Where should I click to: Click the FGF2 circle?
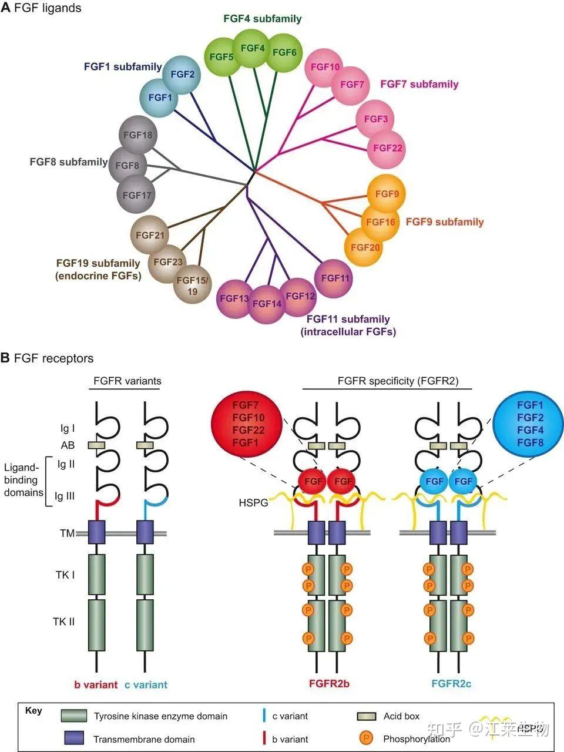182,75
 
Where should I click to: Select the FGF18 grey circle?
139,135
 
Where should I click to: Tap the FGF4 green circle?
253,48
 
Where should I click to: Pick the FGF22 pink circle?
387,147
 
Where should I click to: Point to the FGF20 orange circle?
365,247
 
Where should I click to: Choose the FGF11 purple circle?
335,278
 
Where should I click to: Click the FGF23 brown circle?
168,262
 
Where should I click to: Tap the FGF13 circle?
234,298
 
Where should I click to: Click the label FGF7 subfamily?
419,84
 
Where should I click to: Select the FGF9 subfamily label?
445,221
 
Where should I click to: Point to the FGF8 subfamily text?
69,162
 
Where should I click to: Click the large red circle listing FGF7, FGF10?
248,424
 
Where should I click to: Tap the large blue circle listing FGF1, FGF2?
530,424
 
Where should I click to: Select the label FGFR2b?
329,684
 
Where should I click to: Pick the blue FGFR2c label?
451,684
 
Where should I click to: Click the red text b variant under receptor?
96,684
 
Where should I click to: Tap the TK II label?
65,621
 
